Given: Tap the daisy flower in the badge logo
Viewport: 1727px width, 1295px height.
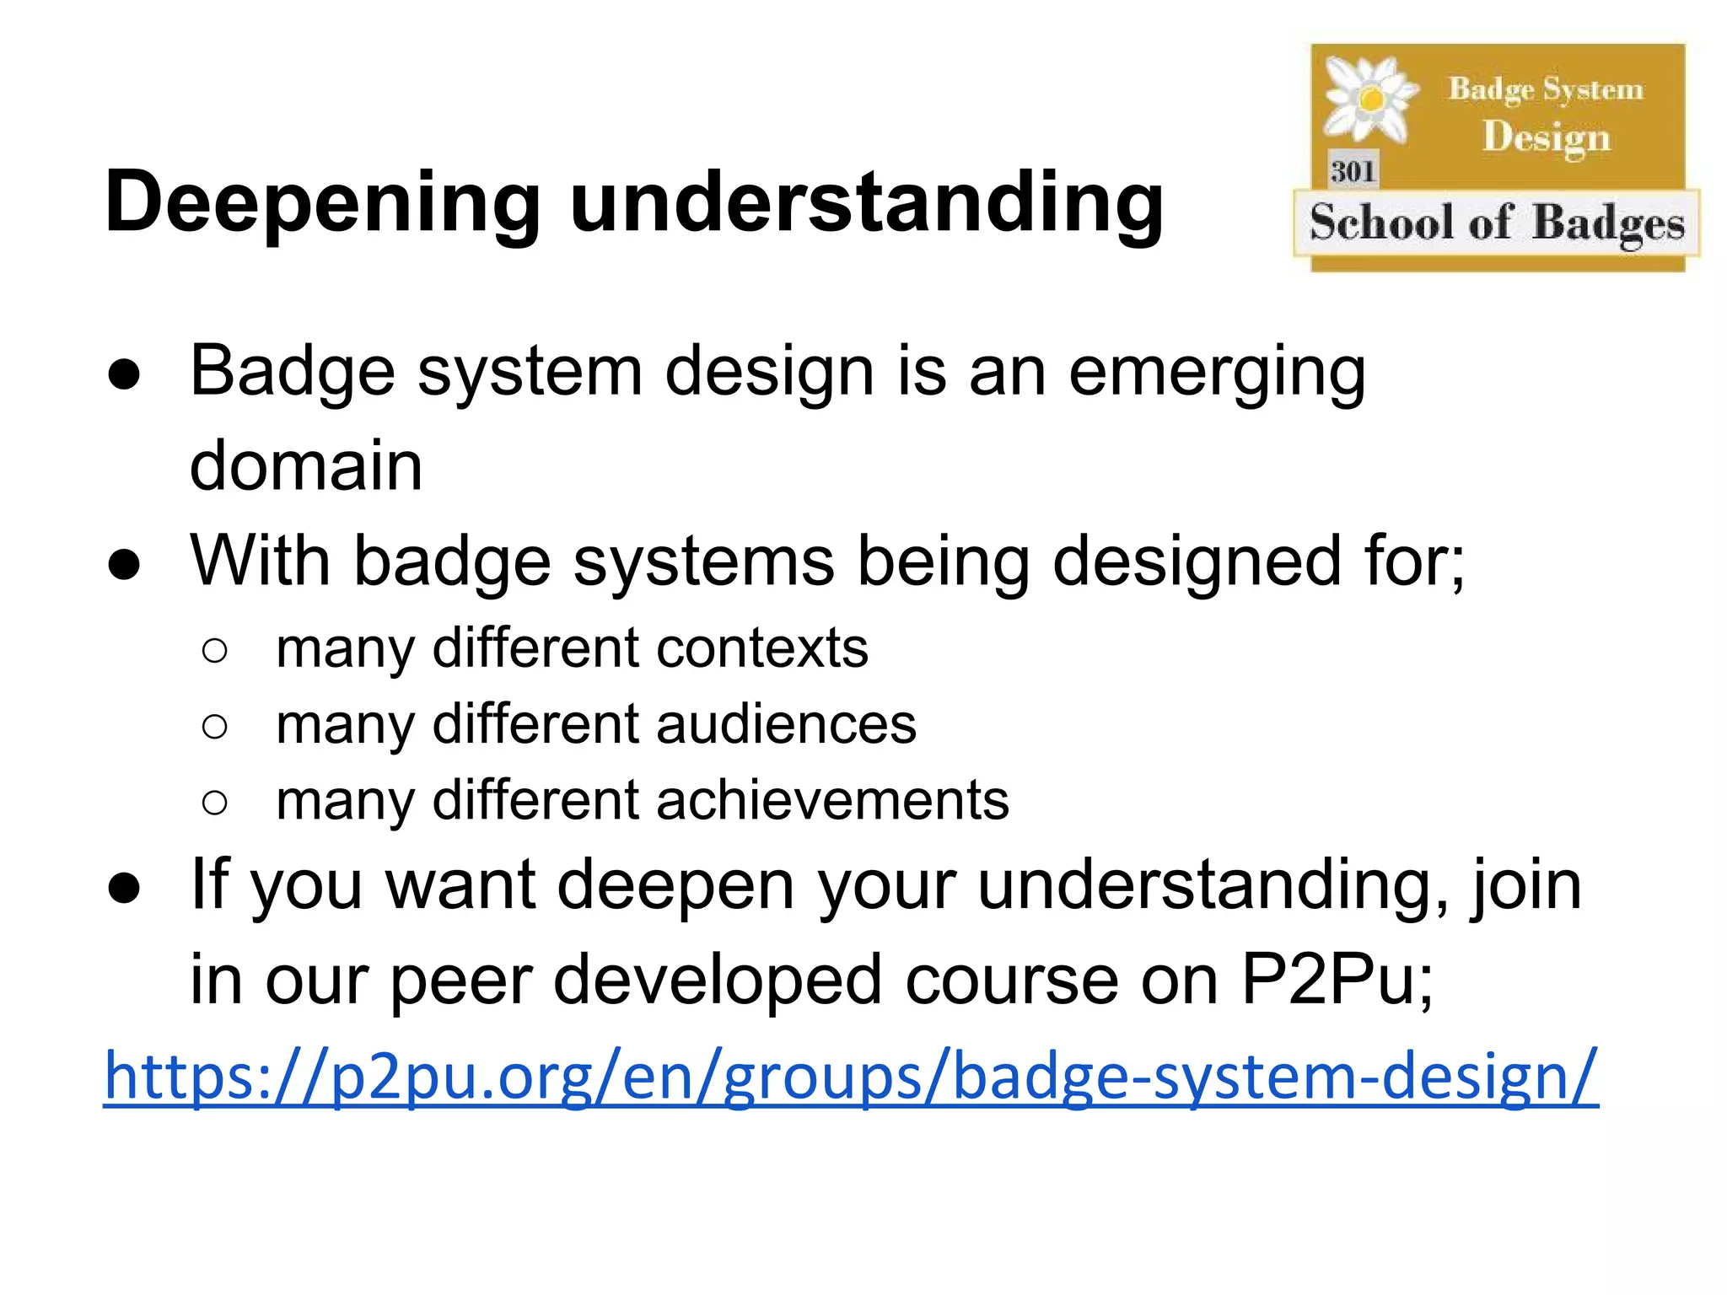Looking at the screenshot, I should click(x=1370, y=99).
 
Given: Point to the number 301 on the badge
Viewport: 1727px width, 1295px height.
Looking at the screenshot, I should click(x=1353, y=171).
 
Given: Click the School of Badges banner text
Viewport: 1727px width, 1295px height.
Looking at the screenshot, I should click(x=1497, y=223).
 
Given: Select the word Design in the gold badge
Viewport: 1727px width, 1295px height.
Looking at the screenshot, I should click(x=1547, y=137).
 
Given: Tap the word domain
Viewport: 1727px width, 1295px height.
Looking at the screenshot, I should click(x=306, y=465).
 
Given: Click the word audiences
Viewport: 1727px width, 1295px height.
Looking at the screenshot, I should click(x=786, y=724).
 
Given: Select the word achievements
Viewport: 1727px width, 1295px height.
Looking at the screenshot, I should click(x=832, y=800).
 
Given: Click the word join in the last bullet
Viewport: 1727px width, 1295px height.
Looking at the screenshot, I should click(x=1527, y=885).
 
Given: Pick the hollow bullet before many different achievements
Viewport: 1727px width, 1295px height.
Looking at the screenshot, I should click(x=215, y=802).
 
